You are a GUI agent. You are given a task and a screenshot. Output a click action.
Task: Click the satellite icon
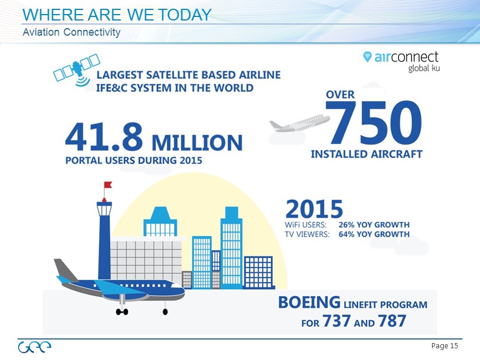pyautogui.click(x=77, y=69)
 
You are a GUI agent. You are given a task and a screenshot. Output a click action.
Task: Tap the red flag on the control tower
pyautogui.click(x=108, y=184)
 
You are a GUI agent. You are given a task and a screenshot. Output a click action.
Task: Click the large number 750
pyautogui.click(x=374, y=122)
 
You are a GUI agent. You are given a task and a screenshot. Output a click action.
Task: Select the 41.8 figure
pyautogui.click(x=104, y=137)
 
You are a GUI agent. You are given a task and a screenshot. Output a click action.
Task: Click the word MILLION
pyautogui.click(x=197, y=143)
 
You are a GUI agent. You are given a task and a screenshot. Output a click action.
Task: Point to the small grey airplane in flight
pyautogui.click(x=299, y=123)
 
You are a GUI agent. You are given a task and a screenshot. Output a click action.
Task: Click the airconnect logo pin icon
pyautogui.click(x=367, y=57)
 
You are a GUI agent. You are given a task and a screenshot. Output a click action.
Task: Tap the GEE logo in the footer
pyautogui.click(x=35, y=347)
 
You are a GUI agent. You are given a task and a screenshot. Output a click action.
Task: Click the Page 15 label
pyautogui.click(x=444, y=346)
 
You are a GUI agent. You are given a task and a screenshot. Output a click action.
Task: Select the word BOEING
pyautogui.click(x=309, y=302)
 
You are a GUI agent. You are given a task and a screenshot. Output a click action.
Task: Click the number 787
pyautogui.click(x=392, y=321)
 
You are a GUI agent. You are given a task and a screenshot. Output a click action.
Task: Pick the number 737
pyautogui.click(x=337, y=321)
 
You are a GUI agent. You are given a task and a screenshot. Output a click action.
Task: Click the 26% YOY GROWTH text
pyautogui.click(x=374, y=225)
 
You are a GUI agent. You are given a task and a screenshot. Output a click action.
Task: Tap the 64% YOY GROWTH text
pyautogui.click(x=374, y=234)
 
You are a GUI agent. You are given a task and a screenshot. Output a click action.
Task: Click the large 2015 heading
pyautogui.click(x=314, y=209)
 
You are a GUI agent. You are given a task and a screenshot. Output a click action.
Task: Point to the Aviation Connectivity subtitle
pyautogui.click(x=71, y=32)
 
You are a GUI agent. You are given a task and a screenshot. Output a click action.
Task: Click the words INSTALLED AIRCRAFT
pyautogui.click(x=367, y=154)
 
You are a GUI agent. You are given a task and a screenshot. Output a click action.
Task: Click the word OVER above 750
pyautogui.click(x=340, y=95)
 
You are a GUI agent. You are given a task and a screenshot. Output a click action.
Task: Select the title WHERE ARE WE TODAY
pyautogui.click(x=117, y=15)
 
